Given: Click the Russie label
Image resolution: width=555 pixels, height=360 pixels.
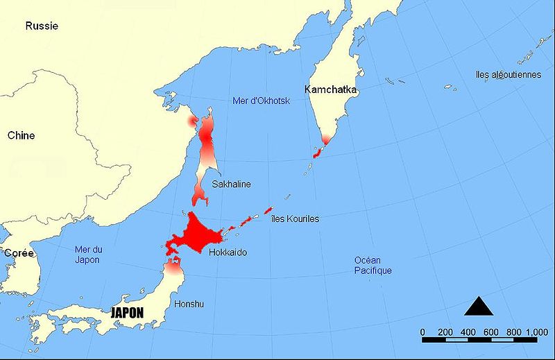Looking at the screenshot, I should tap(42, 26).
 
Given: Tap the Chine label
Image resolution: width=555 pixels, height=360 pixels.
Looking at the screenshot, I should tap(21, 136).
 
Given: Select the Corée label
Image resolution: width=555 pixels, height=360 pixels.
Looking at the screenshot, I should tap(19, 254).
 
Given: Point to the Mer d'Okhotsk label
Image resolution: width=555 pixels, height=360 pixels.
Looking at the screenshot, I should tap(260, 102).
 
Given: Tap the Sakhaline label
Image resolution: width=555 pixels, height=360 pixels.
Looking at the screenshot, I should tap(231, 185).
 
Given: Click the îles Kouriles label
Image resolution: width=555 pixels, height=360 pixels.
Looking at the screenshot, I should tap(296, 219).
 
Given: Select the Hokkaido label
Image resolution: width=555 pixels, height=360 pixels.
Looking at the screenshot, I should tap(228, 252).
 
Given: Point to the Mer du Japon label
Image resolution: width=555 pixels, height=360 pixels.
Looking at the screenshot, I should tap(87, 255).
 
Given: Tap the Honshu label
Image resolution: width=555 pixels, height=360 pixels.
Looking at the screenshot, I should tap(189, 303).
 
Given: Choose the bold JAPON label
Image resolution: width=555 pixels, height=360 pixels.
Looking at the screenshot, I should tap(127, 313).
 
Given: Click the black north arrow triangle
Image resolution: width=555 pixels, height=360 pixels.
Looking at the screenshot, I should tap(479, 306).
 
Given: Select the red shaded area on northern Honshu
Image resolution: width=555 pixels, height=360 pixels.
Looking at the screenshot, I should tap(173, 264).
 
